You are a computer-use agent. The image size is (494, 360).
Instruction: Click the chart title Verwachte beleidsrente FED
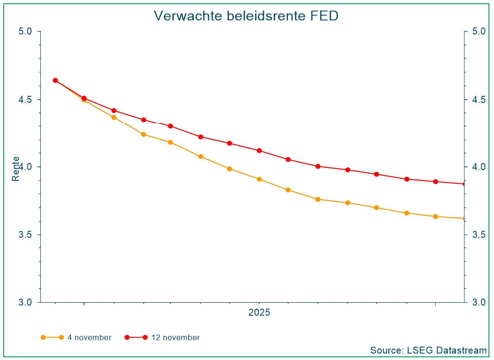coord(246,16)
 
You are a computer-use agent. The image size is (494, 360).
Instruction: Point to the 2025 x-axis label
coord(259,313)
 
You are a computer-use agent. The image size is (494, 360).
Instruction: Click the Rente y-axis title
coord(16,169)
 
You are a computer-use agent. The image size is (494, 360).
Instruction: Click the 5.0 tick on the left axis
coord(25,31)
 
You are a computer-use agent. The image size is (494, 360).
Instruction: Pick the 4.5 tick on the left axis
coord(25,100)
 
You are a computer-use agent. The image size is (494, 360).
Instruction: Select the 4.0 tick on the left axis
coord(25,167)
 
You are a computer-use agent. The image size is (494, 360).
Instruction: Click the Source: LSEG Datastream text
coord(428,350)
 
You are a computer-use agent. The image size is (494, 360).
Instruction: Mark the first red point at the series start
coord(55,80)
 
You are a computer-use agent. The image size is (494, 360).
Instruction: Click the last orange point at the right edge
coord(464,219)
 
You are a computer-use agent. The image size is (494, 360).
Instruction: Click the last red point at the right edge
coord(464,184)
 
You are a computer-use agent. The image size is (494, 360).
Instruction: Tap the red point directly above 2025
coord(259,150)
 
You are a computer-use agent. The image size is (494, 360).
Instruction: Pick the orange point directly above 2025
coord(259,179)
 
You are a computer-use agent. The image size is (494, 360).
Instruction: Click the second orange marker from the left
coord(84,100)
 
